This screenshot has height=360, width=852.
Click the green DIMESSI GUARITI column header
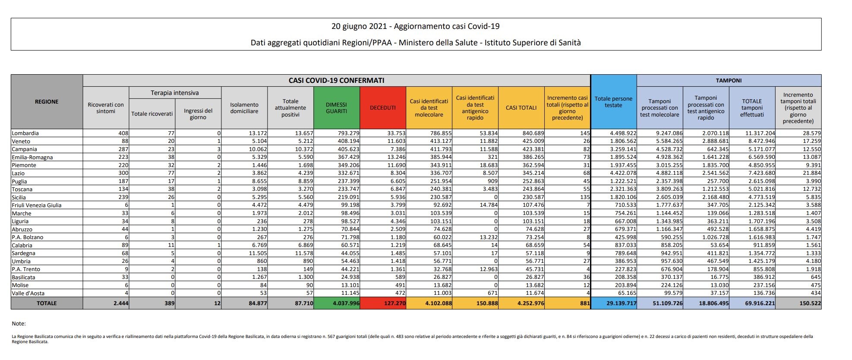[x=337, y=107]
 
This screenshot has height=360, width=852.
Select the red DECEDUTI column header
[x=383, y=107]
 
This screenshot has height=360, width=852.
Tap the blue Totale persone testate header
[x=613, y=102]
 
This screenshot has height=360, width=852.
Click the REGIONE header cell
[x=47, y=102]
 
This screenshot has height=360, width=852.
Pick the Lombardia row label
[x=25, y=133]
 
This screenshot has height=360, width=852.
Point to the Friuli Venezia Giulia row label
[x=37, y=205]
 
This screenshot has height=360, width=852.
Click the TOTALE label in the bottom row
[x=47, y=303]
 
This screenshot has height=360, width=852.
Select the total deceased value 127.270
[x=394, y=303]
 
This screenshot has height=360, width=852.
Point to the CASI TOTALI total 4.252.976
[x=530, y=303]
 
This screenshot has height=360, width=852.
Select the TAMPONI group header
[x=729, y=81]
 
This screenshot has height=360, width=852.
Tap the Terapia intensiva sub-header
[x=175, y=93]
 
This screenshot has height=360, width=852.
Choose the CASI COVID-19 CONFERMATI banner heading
[x=336, y=81]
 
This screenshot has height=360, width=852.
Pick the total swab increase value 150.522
[x=809, y=303]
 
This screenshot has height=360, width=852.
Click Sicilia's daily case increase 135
[x=584, y=197]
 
